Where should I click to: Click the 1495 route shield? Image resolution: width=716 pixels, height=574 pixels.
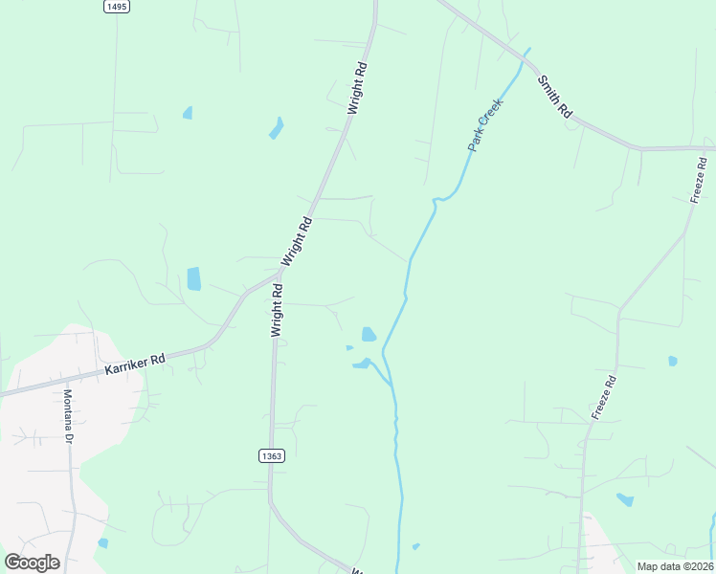click(116, 6)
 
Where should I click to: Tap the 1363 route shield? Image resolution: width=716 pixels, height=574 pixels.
click(271, 456)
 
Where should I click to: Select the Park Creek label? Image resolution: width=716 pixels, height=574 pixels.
click(484, 128)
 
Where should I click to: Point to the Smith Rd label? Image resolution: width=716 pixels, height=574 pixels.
click(554, 97)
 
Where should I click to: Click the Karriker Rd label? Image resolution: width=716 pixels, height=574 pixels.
click(134, 364)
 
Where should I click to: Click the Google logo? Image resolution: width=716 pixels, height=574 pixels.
click(32, 562)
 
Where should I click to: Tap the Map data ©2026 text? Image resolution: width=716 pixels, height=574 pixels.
click(675, 566)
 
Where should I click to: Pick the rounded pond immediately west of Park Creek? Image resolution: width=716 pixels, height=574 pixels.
click(369, 334)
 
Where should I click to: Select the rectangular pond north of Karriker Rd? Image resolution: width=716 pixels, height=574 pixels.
click(194, 278)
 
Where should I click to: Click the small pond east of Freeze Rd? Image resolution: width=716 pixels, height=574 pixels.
click(673, 361)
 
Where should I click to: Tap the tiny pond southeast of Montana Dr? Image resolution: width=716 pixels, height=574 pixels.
click(103, 542)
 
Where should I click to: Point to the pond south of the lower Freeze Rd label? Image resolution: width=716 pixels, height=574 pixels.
click(625, 499)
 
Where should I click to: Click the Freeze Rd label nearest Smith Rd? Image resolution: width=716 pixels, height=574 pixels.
click(699, 179)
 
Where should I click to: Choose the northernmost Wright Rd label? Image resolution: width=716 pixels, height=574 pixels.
click(357, 89)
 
